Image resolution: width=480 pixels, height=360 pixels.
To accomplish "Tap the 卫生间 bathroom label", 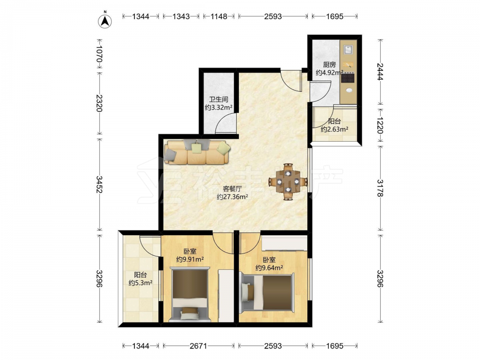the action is point(218,99).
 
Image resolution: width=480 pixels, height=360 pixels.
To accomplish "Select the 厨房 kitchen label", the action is point(329,65).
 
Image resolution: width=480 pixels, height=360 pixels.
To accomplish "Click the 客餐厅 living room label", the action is point(232,189).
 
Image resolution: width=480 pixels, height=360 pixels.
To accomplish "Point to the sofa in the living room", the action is point(197,152).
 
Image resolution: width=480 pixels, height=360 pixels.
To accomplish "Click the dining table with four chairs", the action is point(288,181).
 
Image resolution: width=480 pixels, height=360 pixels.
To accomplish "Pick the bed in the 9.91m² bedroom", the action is point(190,295).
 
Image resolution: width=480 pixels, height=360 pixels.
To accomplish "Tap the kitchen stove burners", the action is point(348,78).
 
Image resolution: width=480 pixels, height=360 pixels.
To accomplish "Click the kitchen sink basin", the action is point(348,49).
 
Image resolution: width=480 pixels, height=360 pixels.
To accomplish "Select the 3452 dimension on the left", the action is point(99,184).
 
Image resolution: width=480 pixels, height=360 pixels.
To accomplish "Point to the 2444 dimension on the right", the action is point(380,72).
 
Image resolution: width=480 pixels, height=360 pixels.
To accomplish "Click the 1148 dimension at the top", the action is point(218,16).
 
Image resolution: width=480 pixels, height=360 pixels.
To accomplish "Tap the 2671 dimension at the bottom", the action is point(198,346).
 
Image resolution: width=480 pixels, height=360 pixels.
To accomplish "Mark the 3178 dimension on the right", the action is point(380,188).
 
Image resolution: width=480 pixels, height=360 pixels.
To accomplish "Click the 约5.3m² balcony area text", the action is point(141,283).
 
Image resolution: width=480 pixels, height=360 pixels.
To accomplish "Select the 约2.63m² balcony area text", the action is point(334,130).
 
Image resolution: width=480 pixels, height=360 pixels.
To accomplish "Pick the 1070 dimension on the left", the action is point(99,54).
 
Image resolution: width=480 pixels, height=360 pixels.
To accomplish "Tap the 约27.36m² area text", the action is point(232,197).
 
